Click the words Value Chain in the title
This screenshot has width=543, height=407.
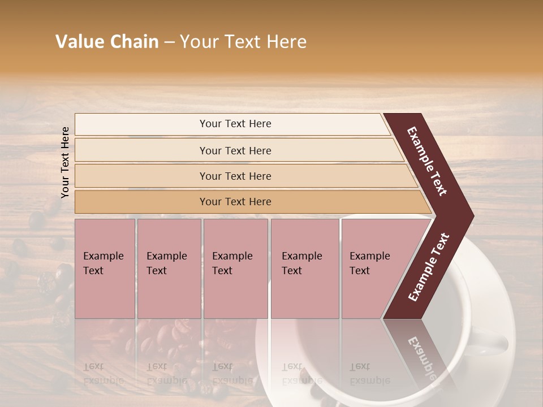(107, 42)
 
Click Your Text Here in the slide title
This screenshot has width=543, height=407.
(243, 42)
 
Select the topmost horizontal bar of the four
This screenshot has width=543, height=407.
(235, 124)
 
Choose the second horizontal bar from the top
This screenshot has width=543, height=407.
(235, 150)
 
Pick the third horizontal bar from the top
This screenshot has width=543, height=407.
(235, 176)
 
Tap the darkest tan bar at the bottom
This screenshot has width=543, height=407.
(235, 202)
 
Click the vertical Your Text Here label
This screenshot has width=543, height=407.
(65, 162)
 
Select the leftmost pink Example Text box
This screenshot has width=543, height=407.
(105, 269)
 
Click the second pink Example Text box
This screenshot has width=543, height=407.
(169, 269)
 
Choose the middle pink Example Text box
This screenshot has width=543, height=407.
(235, 269)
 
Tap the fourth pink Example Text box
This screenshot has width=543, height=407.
(304, 269)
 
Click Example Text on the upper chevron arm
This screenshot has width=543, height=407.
(428, 161)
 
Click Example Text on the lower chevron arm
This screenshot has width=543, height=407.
(429, 267)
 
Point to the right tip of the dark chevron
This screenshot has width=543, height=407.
(472, 216)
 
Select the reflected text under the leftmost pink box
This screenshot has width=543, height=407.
(103, 374)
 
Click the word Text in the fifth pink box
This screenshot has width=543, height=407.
(360, 271)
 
